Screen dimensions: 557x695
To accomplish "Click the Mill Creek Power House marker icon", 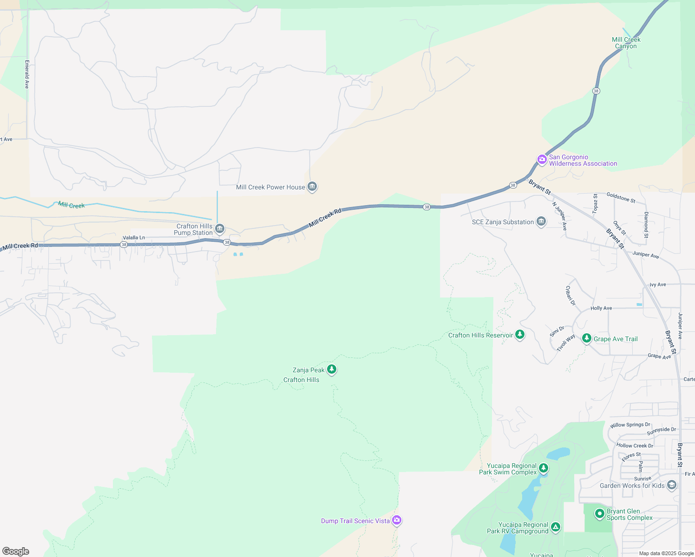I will tap(312, 187).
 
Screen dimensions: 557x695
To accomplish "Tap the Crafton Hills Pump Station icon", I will tap(220, 228).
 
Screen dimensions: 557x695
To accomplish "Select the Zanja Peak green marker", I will tap(332, 369).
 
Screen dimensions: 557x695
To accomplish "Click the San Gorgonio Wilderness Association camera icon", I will tap(542, 160).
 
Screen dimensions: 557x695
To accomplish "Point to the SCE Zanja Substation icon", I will tap(541, 221).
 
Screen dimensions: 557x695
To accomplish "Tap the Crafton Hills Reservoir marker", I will tap(520, 334).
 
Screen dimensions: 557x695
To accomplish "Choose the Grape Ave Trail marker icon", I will tap(587, 338).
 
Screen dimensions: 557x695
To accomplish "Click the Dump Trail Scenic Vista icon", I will tap(396, 520).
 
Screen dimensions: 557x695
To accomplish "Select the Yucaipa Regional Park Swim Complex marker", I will tap(544, 468).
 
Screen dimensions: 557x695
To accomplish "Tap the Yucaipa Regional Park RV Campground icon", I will tap(556, 527).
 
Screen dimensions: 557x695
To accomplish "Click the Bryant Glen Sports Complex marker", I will tap(599, 514).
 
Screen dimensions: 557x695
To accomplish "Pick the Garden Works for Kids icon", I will tap(671, 485).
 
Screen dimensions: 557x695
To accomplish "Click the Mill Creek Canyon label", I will tap(626, 43).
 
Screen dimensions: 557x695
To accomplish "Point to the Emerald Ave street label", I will tap(27, 74).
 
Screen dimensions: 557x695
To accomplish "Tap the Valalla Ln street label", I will tap(134, 238).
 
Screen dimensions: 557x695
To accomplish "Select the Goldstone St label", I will tap(621, 197).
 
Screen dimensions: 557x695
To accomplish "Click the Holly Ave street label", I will tap(601, 308).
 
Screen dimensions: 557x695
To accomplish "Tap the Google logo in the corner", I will tap(16, 551).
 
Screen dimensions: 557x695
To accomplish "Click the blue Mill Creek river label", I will tap(72, 205).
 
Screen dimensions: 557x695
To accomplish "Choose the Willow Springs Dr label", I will tap(630, 425).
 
